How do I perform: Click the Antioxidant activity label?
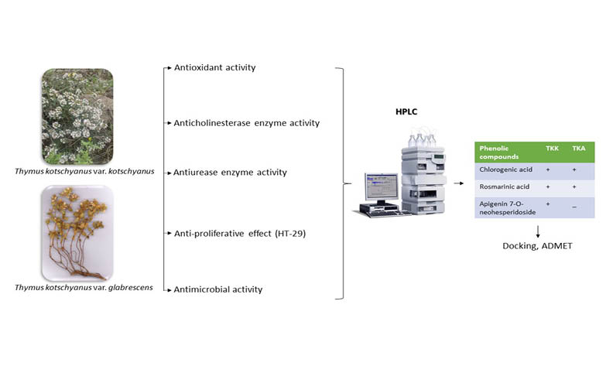click(215, 68)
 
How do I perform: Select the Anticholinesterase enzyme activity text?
click(247, 123)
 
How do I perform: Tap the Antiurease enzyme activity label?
click(231, 172)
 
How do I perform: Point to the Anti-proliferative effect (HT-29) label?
click(241, 233)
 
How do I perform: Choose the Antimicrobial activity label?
click(218, 289)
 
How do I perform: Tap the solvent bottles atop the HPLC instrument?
click(423, 140)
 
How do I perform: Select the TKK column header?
click(552, 146)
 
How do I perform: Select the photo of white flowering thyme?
click(77, 116)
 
